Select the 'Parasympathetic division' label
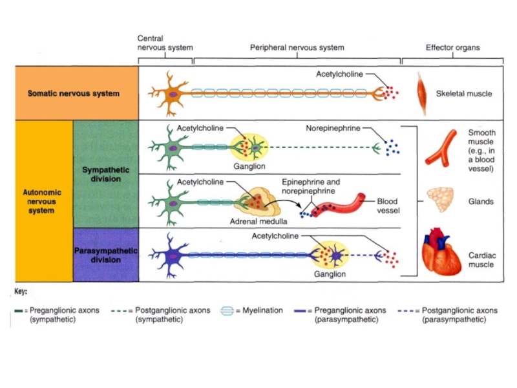(105, 255)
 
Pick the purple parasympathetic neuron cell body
(173, 255)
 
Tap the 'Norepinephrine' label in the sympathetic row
(333, 128)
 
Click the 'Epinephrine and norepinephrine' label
(310, 187)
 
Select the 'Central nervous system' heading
(165, 43)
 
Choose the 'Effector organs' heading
(452, 48)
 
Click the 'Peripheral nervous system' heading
(297, 48)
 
